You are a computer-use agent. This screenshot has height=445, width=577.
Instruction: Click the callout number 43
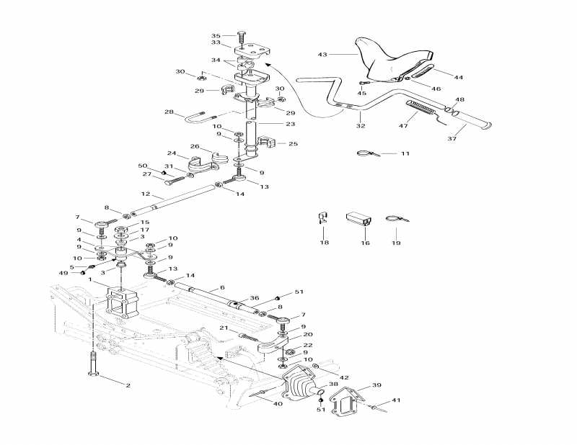[322, 54]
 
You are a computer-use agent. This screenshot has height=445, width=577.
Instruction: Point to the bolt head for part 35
[240, 34]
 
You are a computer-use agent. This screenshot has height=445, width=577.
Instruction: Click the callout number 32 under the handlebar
[360, 125]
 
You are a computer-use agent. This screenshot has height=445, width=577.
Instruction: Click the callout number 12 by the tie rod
[146, 194]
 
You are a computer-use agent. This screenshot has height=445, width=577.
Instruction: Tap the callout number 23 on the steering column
[270, 124]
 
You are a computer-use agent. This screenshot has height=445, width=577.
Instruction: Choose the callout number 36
[254, 298]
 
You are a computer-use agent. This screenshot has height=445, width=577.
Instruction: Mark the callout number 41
[395, 400]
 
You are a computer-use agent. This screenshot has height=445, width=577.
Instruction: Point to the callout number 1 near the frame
[90, 279]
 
